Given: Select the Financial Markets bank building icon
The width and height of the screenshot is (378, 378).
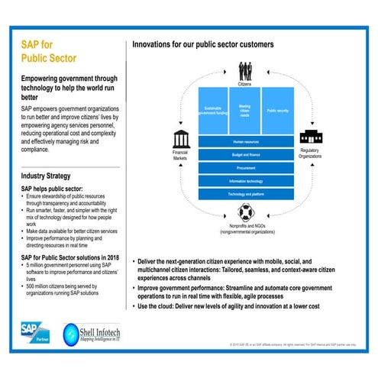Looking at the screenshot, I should coord(182,140).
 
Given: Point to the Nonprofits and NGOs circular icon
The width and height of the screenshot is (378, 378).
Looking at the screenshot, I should coord(244,212).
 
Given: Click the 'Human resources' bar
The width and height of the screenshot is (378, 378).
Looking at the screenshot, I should coord(244,142).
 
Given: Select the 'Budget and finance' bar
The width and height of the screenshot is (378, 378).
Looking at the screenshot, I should coord(244,155).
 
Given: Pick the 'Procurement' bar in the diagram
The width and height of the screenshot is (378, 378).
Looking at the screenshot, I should coord(244,168).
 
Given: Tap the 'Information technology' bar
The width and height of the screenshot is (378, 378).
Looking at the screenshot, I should coord(244,181).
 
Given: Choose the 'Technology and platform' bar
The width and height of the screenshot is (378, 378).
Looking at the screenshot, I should coord(244,194).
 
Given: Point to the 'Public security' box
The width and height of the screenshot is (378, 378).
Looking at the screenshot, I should coord(276,110).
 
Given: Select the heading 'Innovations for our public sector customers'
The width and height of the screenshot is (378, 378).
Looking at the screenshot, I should coord(203,44).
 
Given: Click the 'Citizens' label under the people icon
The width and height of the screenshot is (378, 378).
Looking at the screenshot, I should coord(244,86).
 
